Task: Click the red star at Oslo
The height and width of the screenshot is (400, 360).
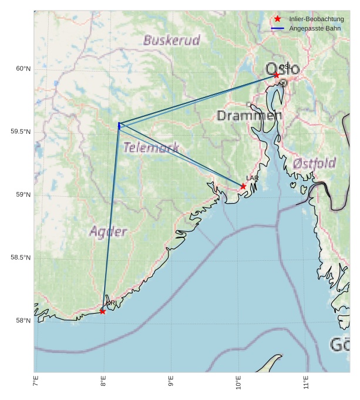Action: pos(277,75)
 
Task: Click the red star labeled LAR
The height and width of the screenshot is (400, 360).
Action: pos(243,186)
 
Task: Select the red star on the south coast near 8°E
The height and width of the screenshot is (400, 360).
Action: pos(103,311)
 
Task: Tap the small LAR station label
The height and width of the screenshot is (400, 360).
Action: pos(252,178)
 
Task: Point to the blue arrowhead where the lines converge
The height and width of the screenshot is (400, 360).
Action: pos(119,125)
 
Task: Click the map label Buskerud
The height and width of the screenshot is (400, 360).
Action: pos(171,41)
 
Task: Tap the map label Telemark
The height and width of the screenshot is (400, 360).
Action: pos(151,147)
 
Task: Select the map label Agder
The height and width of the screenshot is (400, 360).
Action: pos(108,231)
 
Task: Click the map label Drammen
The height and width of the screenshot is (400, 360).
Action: pos(249,116)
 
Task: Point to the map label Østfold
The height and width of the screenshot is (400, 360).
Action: pos(314,163)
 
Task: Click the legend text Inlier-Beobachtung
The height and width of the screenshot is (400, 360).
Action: pos(317,19)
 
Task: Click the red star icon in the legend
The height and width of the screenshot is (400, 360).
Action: pos(278,19)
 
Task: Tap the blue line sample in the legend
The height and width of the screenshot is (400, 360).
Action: pos(278,28)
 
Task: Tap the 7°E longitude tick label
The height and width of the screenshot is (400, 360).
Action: pos(36,384)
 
